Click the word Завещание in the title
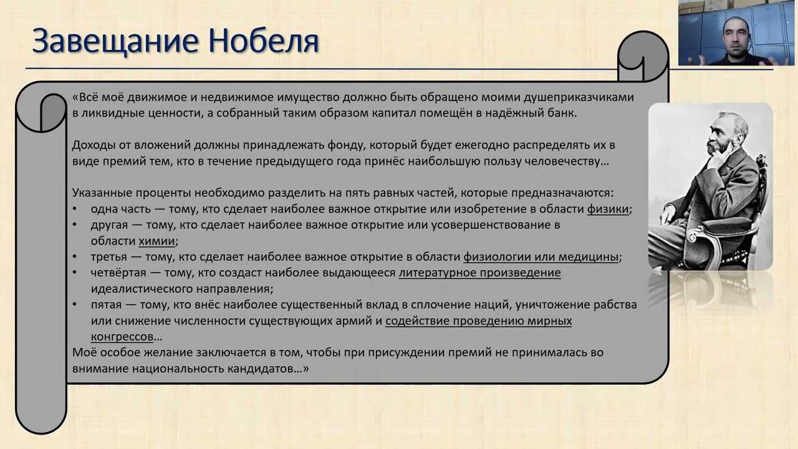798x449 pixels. (x=115, y=41)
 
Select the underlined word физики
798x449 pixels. (x=608, y=209)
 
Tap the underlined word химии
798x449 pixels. (x=156, y=241)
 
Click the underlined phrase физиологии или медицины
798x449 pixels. (x=541, y=258)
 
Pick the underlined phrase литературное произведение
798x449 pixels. (x=479, y=273)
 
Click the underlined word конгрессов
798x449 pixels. (x=122, y=337)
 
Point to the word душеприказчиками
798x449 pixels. (x=579, y=98)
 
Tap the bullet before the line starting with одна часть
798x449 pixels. (x=75, y=208)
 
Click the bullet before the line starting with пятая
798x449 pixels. (x=75, y=304)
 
